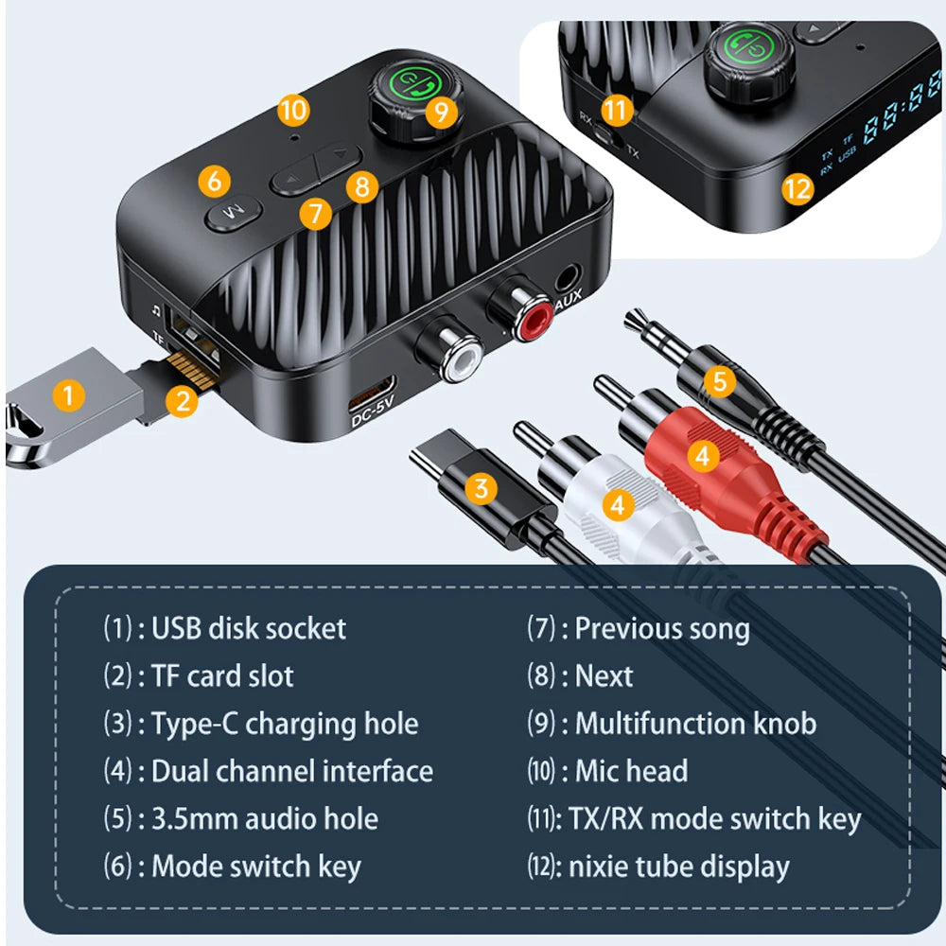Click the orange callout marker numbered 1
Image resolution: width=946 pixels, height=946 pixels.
67,394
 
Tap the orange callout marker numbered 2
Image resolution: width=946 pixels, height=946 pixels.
183,400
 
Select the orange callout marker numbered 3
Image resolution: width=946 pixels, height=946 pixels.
482,488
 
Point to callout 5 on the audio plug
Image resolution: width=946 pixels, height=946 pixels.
720,381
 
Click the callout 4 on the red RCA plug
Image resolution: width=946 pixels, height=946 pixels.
701,456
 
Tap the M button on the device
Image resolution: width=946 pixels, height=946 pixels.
227,217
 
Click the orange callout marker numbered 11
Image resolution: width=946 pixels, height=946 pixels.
617,110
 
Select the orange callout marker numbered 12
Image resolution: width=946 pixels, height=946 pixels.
797,188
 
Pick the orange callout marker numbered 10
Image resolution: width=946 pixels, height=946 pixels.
293,110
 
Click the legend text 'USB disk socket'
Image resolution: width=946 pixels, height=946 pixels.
249,628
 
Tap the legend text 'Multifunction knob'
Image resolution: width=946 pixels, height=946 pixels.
695,724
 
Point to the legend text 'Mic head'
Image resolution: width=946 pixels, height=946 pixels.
631,771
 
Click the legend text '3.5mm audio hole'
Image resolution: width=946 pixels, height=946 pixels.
265,818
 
